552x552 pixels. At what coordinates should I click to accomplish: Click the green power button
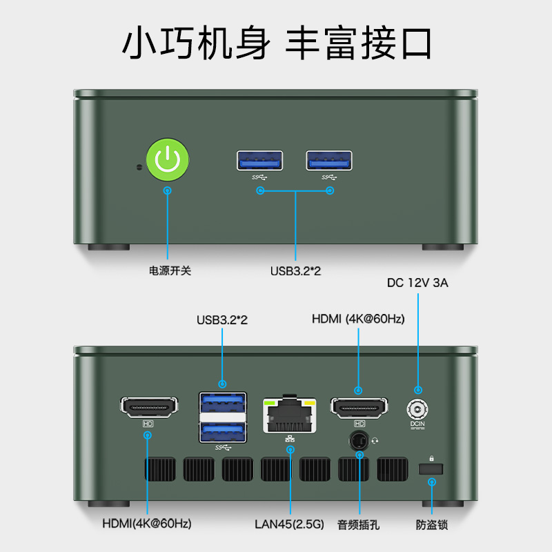(x=168, y=159)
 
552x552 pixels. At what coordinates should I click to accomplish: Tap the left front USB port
(x=260, y=160)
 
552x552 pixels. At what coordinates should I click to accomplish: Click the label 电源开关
(x=170, y=270)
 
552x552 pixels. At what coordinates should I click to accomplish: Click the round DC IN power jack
(x=417, y=408)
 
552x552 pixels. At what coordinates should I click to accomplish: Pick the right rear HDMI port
(x=359, y=408)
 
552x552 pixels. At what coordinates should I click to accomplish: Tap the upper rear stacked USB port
(x=222, y=402)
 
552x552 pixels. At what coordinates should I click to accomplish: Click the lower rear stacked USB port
(x=222, y=431)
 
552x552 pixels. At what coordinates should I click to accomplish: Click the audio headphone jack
(x=359, y=440)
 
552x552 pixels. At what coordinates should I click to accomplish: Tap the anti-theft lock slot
(x=431, y=469)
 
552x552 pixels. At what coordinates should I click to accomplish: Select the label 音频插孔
(x=359, y=524)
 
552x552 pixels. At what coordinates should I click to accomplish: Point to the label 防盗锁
(x=432, y=524)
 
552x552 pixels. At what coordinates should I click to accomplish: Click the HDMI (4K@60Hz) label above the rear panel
(x=358, y=319)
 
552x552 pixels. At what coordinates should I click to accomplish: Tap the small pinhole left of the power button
(x=139, y=167)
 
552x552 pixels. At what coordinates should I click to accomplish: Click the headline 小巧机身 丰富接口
(x=276, y=43)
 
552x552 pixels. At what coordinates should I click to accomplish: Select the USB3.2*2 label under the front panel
(x=295, y=270)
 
